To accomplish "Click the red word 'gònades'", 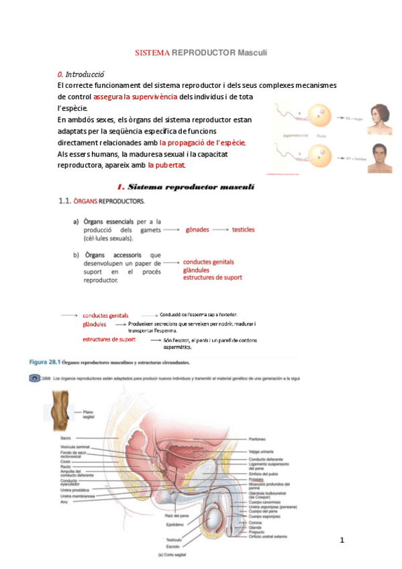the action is (x=197, y=229).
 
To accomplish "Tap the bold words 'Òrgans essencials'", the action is (x=107, y=221).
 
